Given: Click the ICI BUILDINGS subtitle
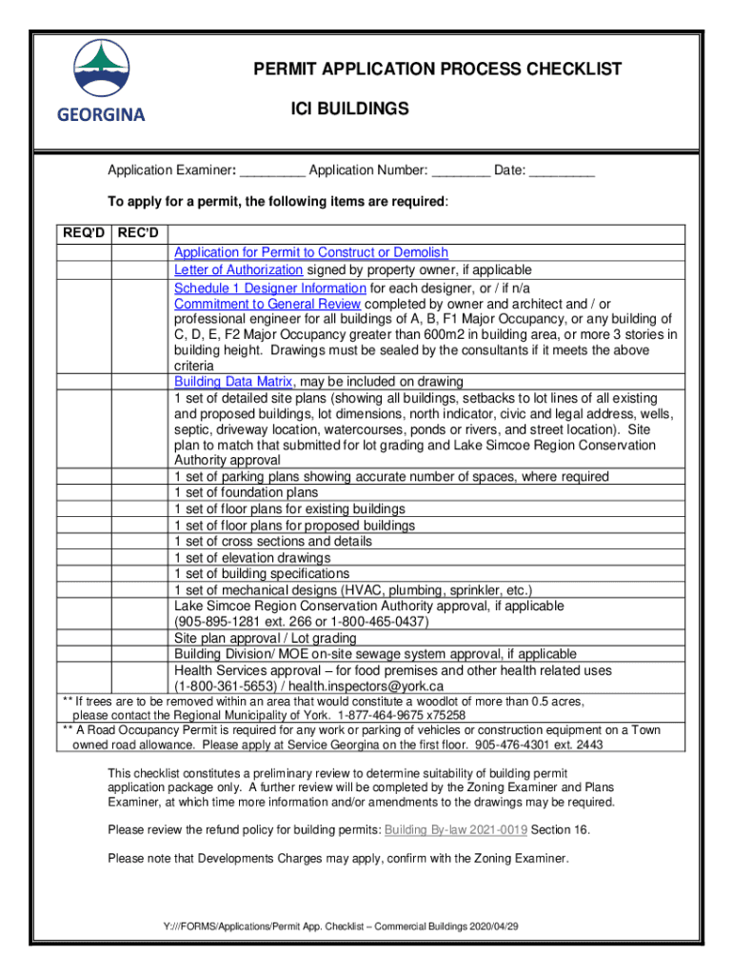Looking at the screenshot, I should (x=349, y=109).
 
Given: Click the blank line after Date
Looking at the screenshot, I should (x=562, y=171).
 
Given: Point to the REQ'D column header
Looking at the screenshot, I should (x=84, y=234).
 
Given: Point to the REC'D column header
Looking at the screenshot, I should (x=140, y=234).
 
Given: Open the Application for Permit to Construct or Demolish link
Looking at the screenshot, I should (x=310, y=252).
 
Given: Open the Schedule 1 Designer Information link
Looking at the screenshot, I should (x=269, y=288).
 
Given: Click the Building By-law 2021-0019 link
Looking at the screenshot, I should (x=455, y=829).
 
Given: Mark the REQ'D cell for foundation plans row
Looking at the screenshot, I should (x=84, y=493).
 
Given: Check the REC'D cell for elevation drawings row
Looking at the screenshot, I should (x=140, y=558).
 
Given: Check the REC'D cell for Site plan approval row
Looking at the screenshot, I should (x=140, y=638).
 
